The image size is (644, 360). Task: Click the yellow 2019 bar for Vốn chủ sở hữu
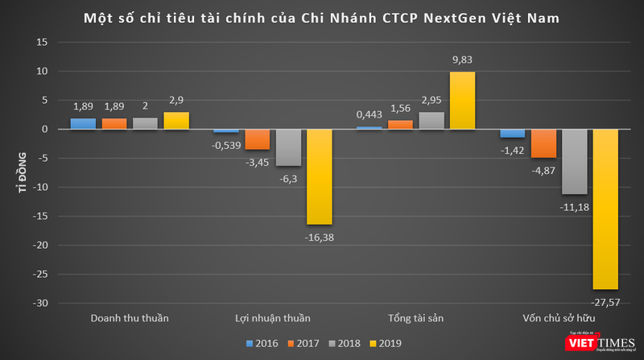605,209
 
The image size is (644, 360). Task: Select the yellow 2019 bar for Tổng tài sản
463,101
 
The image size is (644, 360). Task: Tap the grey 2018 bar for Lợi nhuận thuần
288,147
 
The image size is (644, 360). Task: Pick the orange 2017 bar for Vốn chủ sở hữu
543,143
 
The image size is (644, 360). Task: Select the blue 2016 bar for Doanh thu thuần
83,124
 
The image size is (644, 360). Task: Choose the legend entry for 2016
262,344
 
